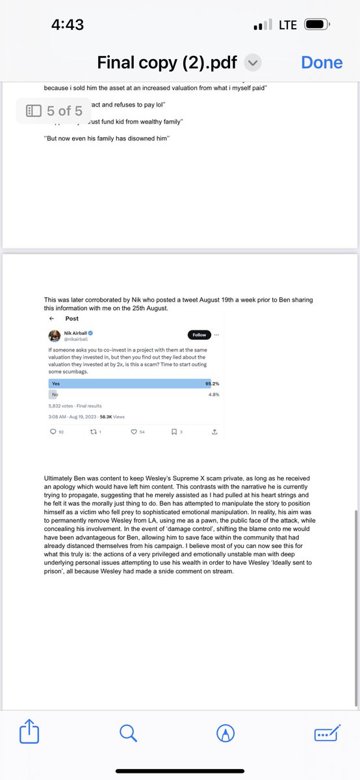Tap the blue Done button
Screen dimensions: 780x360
point(322,62)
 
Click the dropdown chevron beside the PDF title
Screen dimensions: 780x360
point(253,63)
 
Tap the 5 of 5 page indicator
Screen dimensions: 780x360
point(54,111)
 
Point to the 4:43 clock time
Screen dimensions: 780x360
point(68,25)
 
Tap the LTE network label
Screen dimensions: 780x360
point(287,25)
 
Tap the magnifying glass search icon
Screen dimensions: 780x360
point(129,733)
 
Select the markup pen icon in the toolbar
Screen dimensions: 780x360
point(225,733)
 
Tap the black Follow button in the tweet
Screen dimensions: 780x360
point(199,335)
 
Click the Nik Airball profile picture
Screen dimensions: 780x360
point(55,336)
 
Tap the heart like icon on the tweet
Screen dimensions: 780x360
point(133,432)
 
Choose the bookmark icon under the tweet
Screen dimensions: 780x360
point(174,432)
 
